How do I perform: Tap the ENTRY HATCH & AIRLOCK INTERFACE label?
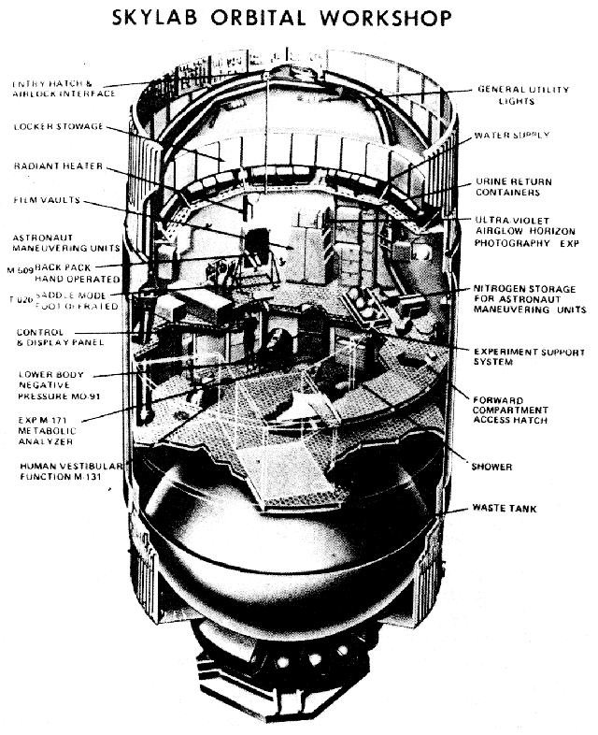tap(63, 89)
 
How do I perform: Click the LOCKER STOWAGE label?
tap(58, 127)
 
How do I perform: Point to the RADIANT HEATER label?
tap(54, 166)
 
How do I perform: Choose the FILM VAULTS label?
tap(46, 200)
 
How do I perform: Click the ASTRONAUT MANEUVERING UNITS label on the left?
tap(65, 244)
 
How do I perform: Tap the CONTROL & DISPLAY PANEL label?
tap(59, 338)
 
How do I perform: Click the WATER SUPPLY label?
tap(512, 136)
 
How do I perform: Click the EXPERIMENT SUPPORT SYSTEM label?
tap(530, 358)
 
